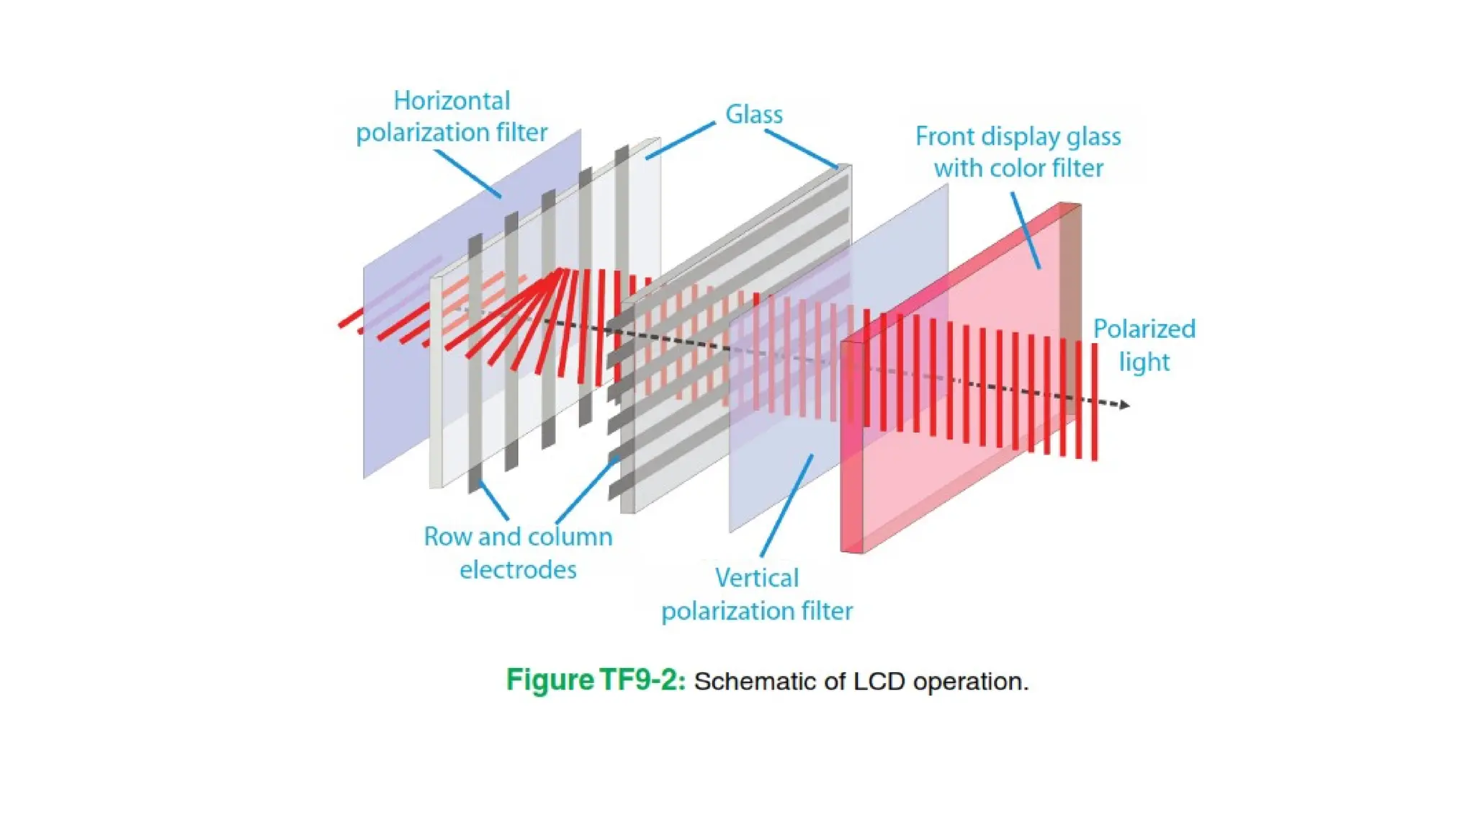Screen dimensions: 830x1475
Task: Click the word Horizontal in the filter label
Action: click(x=452, y=101)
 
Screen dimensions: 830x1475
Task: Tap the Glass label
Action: click(x=753, y=115)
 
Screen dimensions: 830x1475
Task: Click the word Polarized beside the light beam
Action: click(x=1144, y=329)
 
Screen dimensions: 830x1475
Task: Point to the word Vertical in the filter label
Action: click(x=756, y=578)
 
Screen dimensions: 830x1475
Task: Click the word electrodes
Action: click(x=518, y=570)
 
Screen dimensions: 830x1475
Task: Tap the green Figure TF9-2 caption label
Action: click(x=596, y=680)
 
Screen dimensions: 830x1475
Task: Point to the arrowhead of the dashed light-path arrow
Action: click(x=1124, y=405)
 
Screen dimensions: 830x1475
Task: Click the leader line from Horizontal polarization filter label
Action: click(x=467, y=173)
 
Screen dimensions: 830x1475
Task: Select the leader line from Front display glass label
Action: click(x=1025, y=231)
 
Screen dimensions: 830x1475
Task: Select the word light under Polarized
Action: click(x=1144, y=362)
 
